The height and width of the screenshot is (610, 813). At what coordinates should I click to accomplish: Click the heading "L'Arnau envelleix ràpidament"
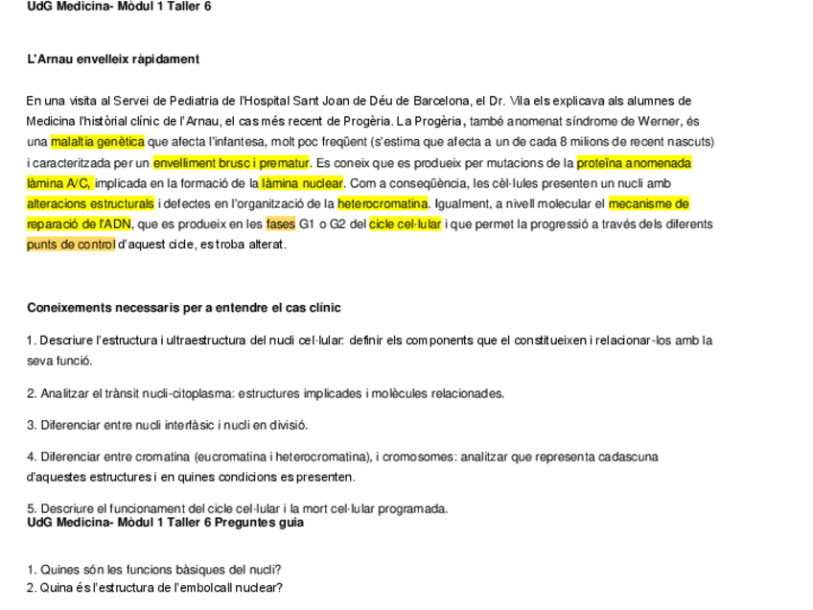point(113,59)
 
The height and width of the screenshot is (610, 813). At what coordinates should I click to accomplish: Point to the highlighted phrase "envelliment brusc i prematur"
point(231,163)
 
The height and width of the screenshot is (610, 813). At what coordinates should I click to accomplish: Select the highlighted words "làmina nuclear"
point(301,183)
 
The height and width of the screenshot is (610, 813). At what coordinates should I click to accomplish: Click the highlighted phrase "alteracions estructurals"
point(90,204)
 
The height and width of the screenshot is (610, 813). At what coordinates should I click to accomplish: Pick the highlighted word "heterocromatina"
point(383,204)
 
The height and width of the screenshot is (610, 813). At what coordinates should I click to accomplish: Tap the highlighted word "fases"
point(281,224)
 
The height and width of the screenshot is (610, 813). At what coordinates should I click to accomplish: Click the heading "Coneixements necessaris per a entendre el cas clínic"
point(184,308)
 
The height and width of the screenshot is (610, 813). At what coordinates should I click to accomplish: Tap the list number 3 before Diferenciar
point(31,425)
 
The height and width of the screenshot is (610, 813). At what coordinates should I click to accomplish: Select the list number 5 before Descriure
point(31,508)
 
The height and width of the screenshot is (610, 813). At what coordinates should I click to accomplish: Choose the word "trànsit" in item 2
point(119,393)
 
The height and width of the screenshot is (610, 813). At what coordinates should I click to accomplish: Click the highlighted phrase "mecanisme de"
point(648,204)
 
